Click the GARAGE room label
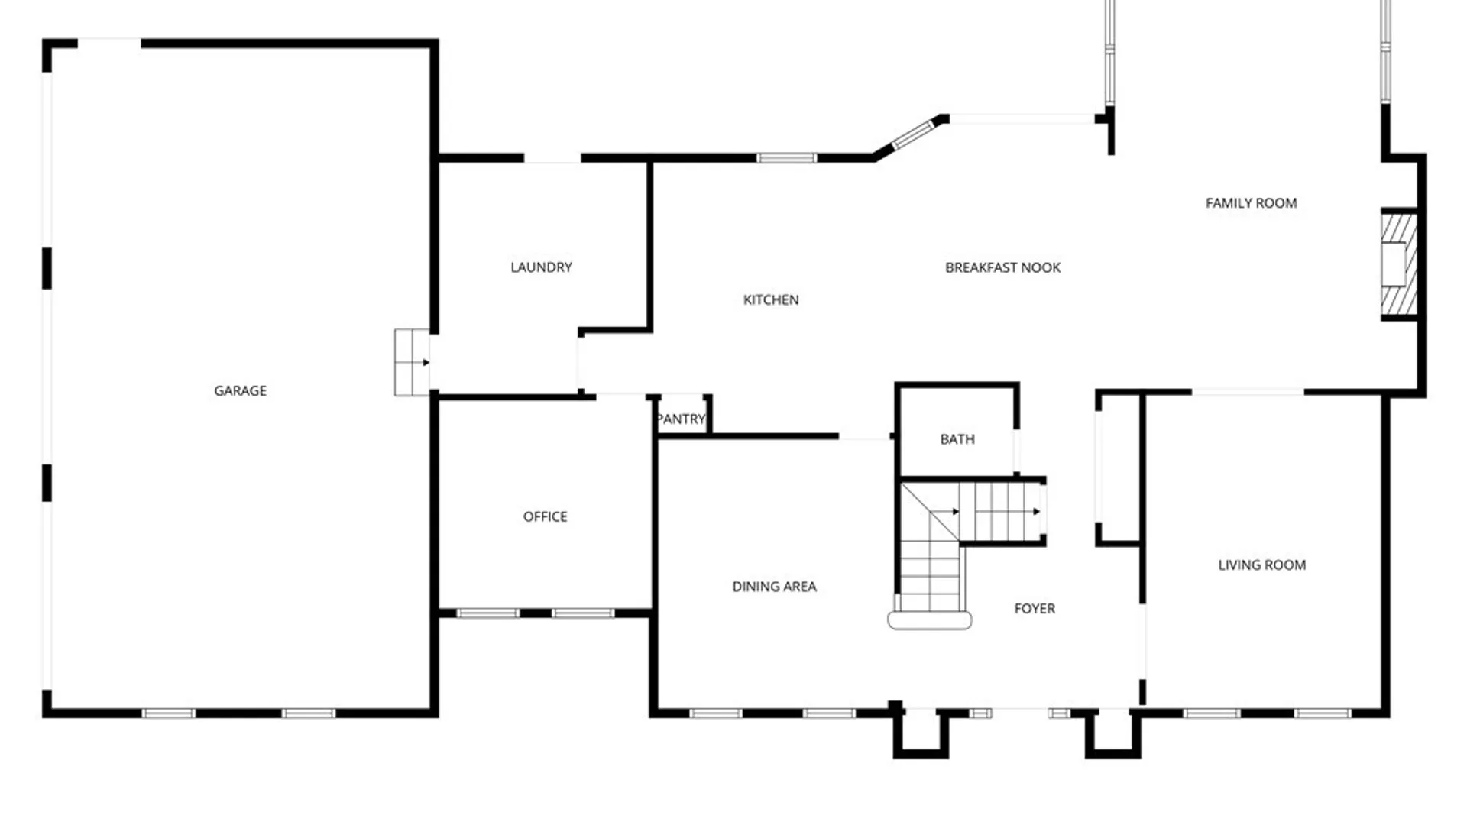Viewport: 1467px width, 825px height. (240, 390)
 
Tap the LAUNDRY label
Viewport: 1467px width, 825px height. (541, 267)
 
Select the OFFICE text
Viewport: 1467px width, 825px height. (545, 516)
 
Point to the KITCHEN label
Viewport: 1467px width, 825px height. (771, 299)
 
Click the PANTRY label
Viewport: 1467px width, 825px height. (681, 419)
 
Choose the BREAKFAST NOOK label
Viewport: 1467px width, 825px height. (1002, 267)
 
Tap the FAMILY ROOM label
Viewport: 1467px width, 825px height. (1251, 202)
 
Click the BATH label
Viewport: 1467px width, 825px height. (957, 438)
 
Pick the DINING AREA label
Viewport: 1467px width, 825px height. (774, 586)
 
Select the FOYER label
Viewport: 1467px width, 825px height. (1035, 608)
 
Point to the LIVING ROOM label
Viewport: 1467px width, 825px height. (1261, 565)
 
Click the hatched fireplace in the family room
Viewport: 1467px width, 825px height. (1399, 264)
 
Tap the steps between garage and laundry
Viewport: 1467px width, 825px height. (411, 362)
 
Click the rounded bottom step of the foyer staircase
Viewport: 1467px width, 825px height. (929, 620)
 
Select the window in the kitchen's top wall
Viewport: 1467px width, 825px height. (786, 158)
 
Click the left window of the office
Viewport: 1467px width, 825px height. (487, 613)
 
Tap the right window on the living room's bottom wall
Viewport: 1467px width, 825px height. (1322, 713)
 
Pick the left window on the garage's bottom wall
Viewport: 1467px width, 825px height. (168, 713)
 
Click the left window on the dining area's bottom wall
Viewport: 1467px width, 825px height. (715, 713)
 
